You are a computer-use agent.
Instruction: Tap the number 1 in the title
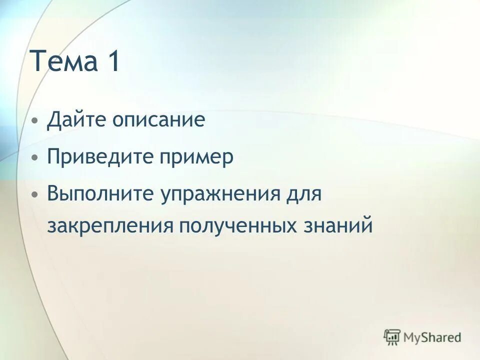(112, 62)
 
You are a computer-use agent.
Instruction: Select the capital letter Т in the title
(40, 62)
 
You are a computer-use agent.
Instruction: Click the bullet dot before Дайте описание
(34, 121)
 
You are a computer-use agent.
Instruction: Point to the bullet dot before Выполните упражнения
(34, 194)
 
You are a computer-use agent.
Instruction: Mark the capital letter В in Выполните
(53, 193)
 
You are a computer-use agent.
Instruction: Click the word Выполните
(100, 193)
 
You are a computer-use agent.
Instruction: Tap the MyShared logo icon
(392, 336)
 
